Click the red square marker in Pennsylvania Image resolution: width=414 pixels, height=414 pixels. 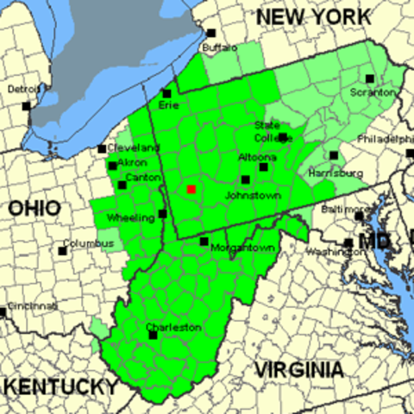tap(191, 188)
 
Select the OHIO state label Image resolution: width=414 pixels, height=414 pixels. tap(34, 208)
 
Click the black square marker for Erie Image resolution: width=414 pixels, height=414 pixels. tap(166, 93)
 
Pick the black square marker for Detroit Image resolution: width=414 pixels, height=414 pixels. tap(26, 106)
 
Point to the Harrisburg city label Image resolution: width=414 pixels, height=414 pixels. tap(336, 172)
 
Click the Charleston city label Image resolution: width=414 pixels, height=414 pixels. tap(173, 328)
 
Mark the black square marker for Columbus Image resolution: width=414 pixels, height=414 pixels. tap(62, 251)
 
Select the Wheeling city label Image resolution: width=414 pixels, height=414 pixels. tap(130, 218)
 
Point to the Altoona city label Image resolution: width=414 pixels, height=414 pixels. tap(258, 157)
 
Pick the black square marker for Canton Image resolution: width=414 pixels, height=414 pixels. tap(122, 185)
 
